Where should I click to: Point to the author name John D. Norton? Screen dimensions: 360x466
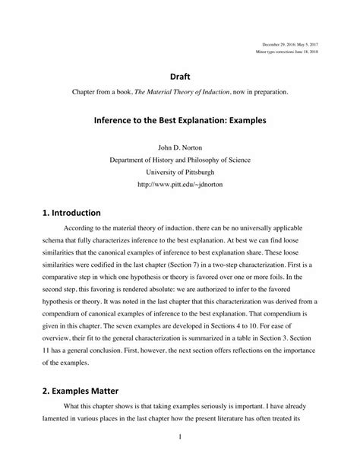click(179, 147)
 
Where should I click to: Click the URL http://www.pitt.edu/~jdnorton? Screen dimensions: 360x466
click(179, 183)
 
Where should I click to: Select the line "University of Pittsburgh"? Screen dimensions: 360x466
click(179, 171)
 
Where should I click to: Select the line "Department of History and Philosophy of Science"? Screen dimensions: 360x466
click(179, 159)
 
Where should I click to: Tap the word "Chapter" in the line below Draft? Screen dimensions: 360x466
click(85, 91)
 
